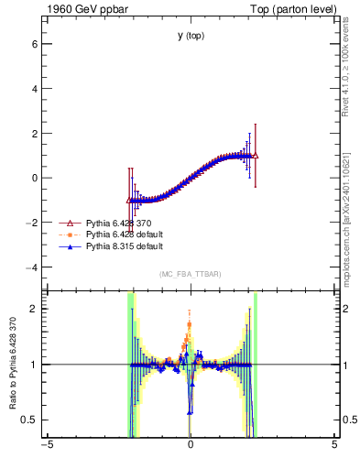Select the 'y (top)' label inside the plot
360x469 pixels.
191,36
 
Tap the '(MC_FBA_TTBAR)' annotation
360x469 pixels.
190,275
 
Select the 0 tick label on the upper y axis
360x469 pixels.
33,178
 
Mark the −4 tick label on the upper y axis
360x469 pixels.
30,267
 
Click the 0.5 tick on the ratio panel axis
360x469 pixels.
28,420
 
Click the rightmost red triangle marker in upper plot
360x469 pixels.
255,156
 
